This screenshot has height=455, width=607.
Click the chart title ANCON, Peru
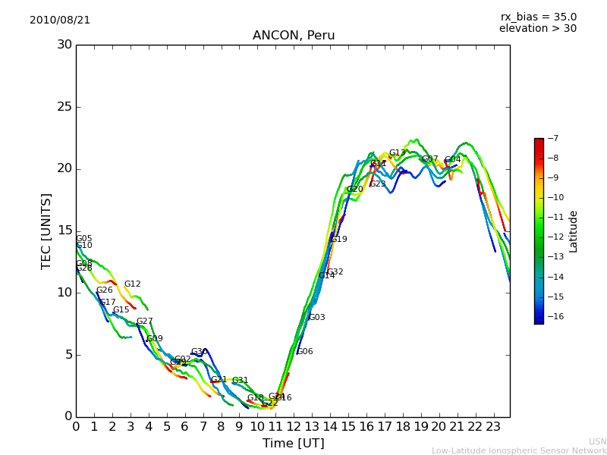pyautogui.click(x=294, y=36)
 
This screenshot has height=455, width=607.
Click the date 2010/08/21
pyautogui.click(x=60, y=20)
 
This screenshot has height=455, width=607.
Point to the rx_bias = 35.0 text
pyautogui.click(x=538, y=17)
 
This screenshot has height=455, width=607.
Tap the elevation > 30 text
pyautogui.click(x=537, y=29)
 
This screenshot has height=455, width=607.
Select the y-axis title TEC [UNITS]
pyautogui.click(x=46, y=231)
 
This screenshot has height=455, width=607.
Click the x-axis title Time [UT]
pyautogui.click(x=293, y=443)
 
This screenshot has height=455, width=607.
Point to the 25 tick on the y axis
pyautogui.click(x=64, y=107)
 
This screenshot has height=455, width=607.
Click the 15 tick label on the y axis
pyautogui.click(x=64, y=231)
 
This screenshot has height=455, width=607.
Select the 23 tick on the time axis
pyautogui.click(x=493, y=426)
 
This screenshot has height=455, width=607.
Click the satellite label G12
pyautogui.click(x=133, y=284)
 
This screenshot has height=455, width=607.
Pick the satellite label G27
pyautogui.click(x=145, y=322)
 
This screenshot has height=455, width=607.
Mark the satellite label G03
pyautogui.click(x=317, y=318)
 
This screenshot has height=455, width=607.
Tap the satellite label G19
pyautogui.click(x=339, y=240)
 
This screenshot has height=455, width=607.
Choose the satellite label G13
pyautogui.click(x=398, y=153)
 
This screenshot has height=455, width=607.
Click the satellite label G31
pyautogui.click(x=241, y=381)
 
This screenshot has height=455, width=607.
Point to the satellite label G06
pyautogui.click(x=305, y=352)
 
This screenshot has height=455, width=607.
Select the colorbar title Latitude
pyautogui.click(x=574, y=231)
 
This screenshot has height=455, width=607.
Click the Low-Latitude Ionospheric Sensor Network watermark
pyautogui.click(x=519, y=450)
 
